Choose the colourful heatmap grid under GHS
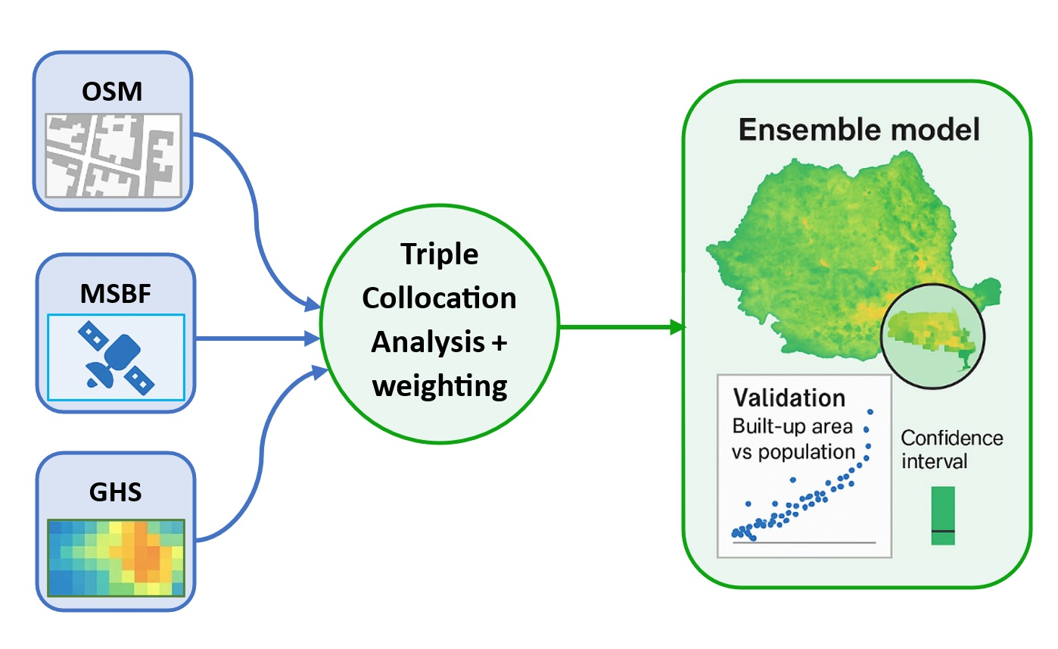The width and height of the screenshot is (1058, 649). pyautogui.click(x=116, y=557)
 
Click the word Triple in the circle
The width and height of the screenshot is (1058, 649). pyautogui.click(x=439, y=255)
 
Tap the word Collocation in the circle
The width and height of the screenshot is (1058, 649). pyautogui.click(x=439, y=298)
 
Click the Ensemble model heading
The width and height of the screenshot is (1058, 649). pyautogui.click(x=859, y=130)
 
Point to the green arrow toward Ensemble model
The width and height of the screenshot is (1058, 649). pyautogui.click(x=621, y=327)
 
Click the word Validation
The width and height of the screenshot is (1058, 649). pyautogui.click(x=789, y=398)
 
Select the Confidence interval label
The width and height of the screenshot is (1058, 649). pyautogui.click(x=952, y=449)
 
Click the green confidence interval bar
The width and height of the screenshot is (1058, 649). pyautogui.click(x=943, y=516)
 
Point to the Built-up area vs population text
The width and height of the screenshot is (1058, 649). pyautogui.click(x=792, y=438)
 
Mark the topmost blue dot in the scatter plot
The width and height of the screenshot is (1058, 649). pyautogui.click(x=870, y=412)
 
